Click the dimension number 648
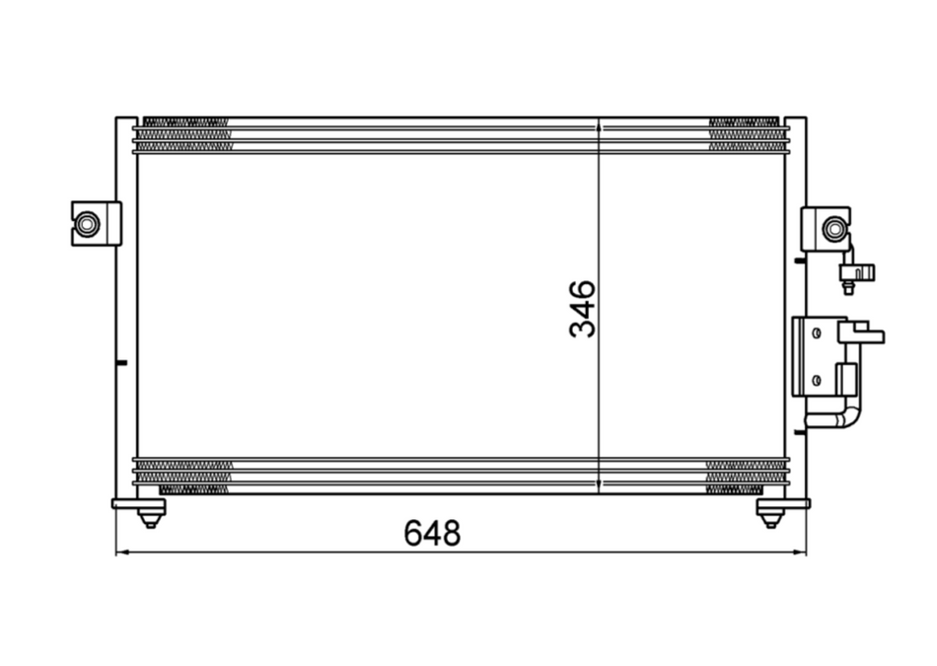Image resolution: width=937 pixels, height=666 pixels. pos(431,533)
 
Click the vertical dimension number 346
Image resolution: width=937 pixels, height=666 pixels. pos(583,309)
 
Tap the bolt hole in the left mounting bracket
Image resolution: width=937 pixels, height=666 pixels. pos(88,224)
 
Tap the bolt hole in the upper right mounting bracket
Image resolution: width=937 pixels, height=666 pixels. pos(834,230)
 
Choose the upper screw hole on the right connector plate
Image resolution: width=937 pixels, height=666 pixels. pos(816,333)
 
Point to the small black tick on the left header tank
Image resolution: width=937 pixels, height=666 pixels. pos(120,363)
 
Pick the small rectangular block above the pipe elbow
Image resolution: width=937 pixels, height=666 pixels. pos(845,379)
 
